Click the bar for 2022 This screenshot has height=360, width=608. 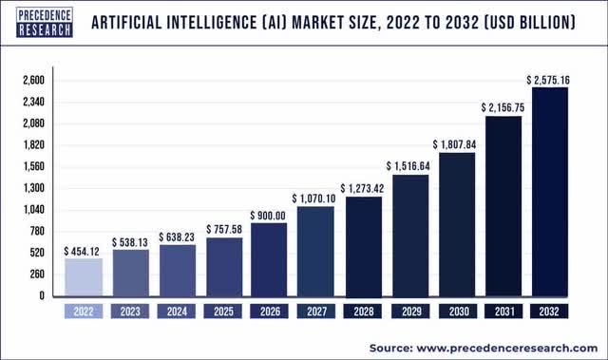point(83,276)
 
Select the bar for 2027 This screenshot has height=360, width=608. point(316,251)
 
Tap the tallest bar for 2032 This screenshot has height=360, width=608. point(550,191)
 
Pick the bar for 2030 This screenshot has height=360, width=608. point(456,223)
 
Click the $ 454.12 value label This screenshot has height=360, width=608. point(83,251)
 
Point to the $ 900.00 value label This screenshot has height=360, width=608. point(270,215)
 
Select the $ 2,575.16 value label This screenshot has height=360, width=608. point(550,79)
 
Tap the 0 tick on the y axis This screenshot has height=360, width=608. point(41,295)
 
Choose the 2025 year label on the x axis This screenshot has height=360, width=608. point(223,311)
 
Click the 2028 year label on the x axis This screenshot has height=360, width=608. point(363,311)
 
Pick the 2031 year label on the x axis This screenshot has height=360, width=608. point(503,311)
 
